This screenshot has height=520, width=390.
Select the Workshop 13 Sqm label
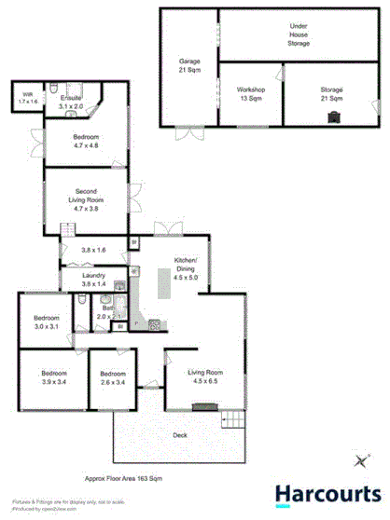click(251, 93)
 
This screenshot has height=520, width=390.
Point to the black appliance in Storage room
click(333, 116)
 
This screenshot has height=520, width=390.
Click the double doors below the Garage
click(190, 131)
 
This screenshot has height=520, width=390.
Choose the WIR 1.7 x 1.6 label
click(28, 97)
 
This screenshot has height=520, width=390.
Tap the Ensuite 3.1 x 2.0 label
click(72, 103)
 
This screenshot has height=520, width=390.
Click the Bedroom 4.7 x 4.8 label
click(88, 141)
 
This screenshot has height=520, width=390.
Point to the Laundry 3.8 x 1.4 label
click(93, 280)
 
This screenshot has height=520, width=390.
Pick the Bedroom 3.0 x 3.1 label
click(46, 322)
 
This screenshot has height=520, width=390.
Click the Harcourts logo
click(326, 493)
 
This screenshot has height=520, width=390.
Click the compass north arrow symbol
click(361, 458)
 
